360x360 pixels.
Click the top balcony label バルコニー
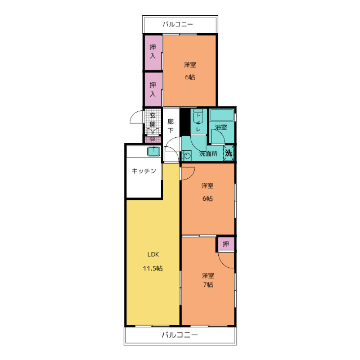tap(178, 24)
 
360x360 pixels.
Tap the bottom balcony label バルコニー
tap(179, 335)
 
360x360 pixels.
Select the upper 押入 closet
tap(153, 52)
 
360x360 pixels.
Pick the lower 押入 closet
tap(153, 89)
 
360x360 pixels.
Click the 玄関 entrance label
tap(152, 120)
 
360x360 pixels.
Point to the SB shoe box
tap(152, 139)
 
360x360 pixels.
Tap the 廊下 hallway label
tap(170, 126)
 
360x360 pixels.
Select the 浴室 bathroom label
tap(221, 127)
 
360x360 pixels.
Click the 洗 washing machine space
tap(229, 153)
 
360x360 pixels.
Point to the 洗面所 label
tap(208, 154)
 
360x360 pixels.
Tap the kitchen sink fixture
tap(154, 151)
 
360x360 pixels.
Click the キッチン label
tap(144, 171)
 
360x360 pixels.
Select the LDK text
tap(153, 254)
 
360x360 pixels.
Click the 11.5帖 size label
tap(153, 268)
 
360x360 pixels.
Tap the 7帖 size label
tap(208, 285)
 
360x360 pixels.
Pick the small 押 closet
tap(226, 244)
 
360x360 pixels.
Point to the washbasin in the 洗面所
tap(187, 156)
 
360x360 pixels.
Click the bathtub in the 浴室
tap(222, 115)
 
